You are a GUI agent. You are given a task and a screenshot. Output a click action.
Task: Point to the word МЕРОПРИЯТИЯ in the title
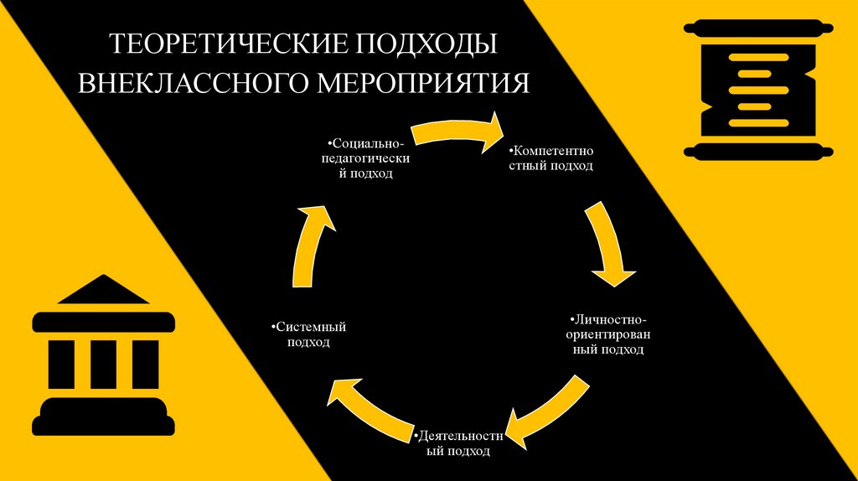point(422,83)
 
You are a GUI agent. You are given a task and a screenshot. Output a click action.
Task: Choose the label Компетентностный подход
point(551,159)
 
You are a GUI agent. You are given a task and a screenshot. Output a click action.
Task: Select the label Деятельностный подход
point(457,444)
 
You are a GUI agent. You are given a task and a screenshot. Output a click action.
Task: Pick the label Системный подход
point(309,334)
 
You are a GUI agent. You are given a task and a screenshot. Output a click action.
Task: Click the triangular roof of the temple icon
point(102,291)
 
